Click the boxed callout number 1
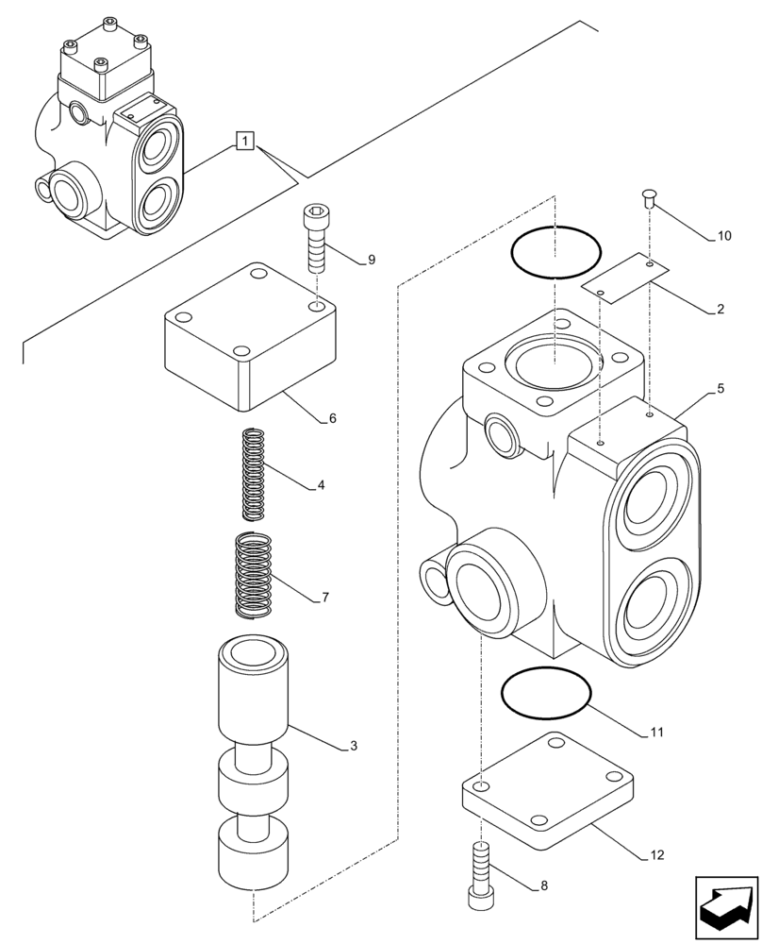coord(244,143)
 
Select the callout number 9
coord(372,260)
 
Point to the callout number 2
coord(720,309)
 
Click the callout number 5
coord(720,388)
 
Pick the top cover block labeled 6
coord(250,340)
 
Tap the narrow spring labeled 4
coord(254,474)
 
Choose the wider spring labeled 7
coord(253,577)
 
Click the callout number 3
coord(354,747)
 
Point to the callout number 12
coord(657,856)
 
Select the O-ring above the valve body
coord(555,252)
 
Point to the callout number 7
coord(324,598)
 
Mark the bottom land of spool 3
coord(253,853)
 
